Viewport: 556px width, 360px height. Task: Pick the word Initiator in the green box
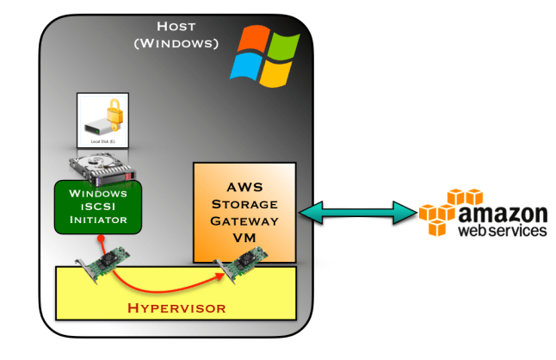coord(98,220)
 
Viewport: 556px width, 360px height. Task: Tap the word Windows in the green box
coord(98,192)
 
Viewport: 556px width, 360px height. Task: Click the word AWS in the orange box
coord(244,187)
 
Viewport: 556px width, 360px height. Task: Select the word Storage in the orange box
coord(244,204)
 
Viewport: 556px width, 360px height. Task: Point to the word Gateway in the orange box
coord(244,221)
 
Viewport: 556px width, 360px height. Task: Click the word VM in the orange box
coord(244,239)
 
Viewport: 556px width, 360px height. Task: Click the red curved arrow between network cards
coord(164,281)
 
